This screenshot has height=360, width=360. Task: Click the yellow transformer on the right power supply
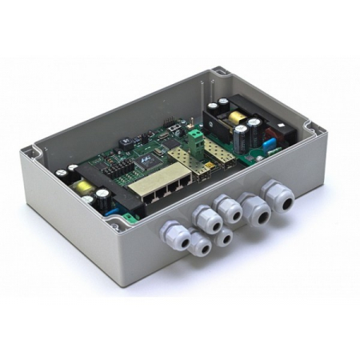[x=238, y=118]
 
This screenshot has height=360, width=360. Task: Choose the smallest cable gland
[x=224, y=237]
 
